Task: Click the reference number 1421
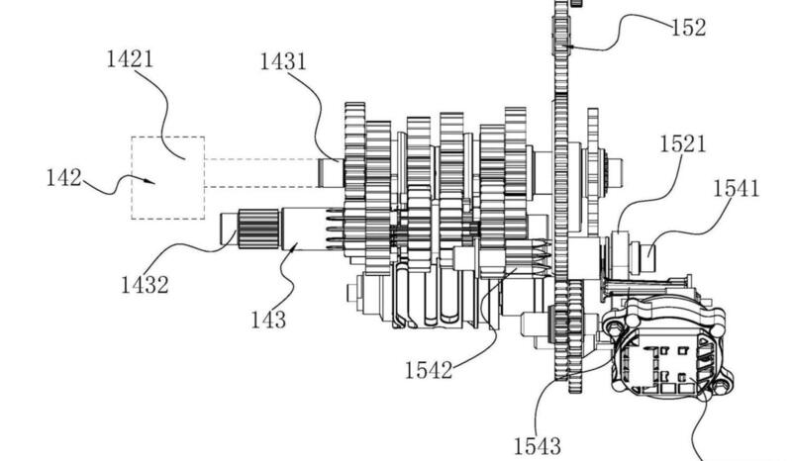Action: [x=130, y=58]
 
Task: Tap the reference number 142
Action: [x=64, y=179]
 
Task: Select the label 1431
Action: [x=283, y=62]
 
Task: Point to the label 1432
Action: [x=145, y=285]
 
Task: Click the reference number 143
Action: [x=268, y=319]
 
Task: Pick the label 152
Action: [x=688, y=27]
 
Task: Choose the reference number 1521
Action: [x=683, y=143]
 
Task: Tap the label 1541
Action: [x=735, y=188]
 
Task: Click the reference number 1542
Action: [x=428, y=370]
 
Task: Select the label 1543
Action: [x=538, y=444]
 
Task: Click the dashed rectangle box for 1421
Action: [x=168, y=177]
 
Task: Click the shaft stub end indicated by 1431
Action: [x=330, y=172]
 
